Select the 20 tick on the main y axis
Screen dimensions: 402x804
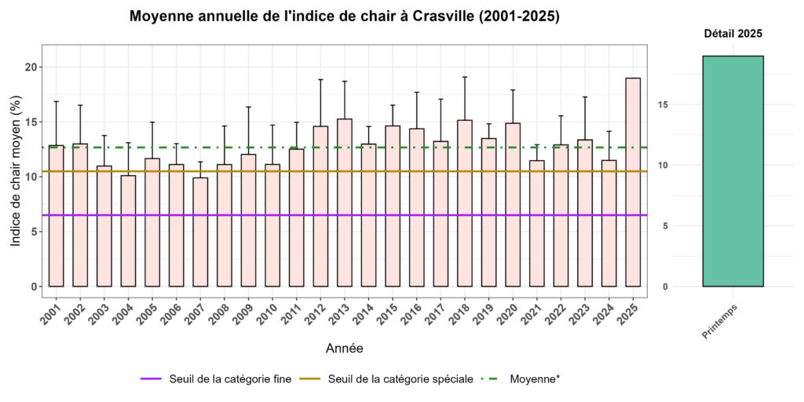(31, 67)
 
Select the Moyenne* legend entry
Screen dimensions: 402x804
(534, 379)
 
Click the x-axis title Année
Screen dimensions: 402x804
(344, 347)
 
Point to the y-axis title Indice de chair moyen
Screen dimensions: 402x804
(16, 172)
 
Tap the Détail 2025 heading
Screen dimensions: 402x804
(733, 34)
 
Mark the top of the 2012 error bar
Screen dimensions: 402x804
(320, 79)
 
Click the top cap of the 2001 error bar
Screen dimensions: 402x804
(56, 101)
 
